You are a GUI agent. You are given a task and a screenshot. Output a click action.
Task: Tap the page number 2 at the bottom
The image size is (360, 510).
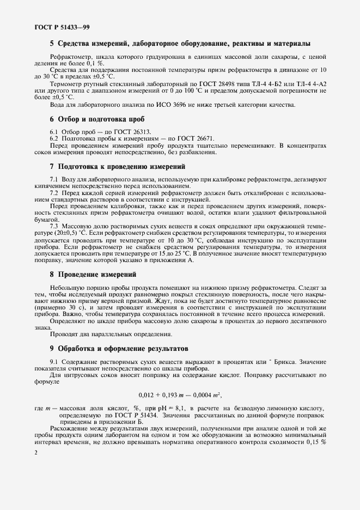click(35, 453)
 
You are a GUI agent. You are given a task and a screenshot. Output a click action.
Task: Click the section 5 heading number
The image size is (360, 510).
click(52, 43)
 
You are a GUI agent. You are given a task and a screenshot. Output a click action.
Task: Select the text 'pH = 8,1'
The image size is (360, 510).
click(171, 408)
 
